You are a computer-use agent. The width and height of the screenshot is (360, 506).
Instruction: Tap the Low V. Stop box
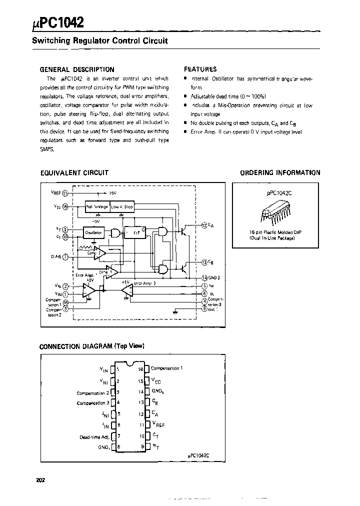[122, 206]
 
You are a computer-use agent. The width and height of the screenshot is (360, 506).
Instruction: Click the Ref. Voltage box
[97, 206]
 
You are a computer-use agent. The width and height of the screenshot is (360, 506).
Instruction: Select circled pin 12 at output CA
[204, 225]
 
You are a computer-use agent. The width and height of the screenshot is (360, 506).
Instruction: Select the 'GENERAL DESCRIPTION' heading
[77, 69]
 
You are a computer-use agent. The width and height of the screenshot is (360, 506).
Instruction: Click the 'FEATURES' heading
[200, 69]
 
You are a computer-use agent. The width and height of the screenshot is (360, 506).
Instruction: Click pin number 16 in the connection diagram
[141, 369]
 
